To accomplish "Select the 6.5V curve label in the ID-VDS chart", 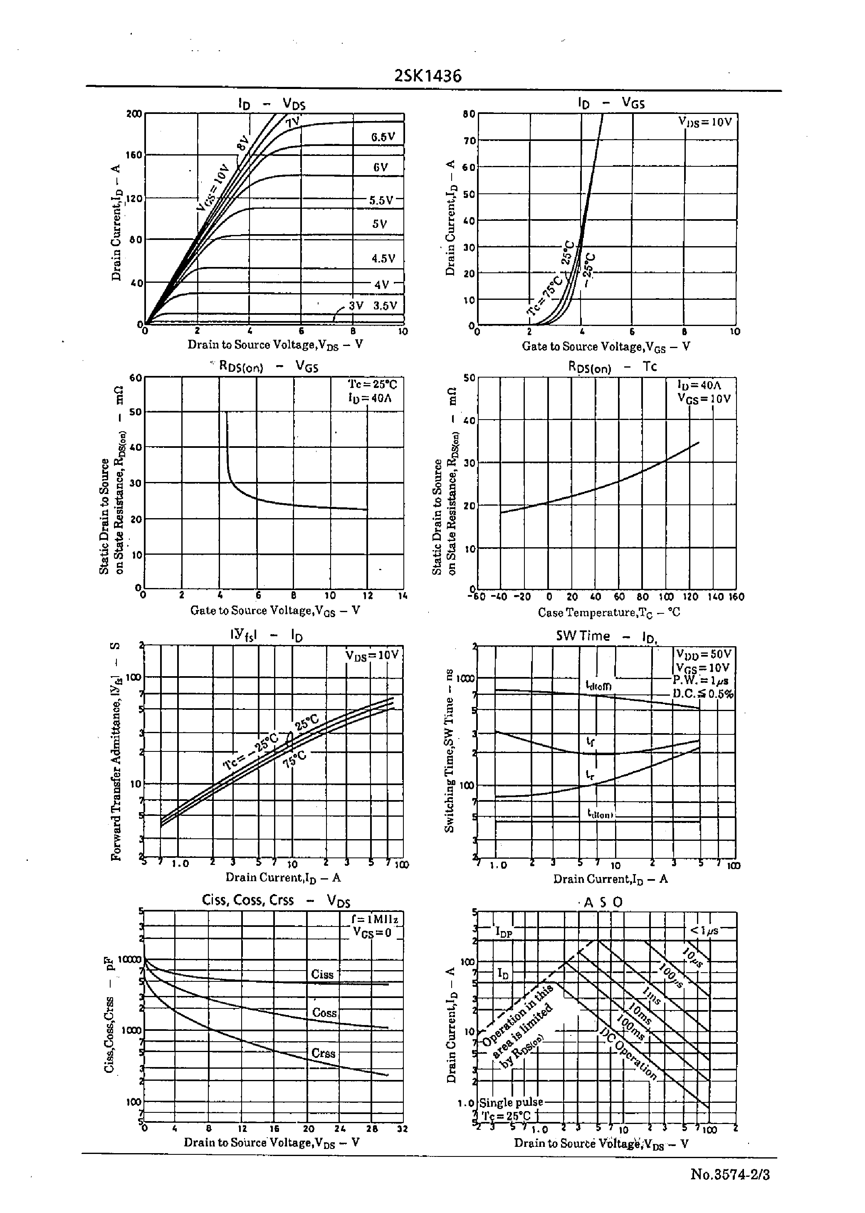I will [x=383, y=137].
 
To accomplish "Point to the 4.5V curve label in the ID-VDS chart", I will [x=383, y=259].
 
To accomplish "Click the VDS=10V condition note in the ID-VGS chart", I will [x=705, y=122].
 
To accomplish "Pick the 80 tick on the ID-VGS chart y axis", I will [x=469, y=114].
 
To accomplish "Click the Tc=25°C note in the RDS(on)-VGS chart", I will [x=372, y=385].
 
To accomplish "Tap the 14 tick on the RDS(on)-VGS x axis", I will [x=403, y=595].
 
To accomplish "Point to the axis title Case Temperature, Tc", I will [x=609, y=613].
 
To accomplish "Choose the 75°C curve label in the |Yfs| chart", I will [x=294, y=759].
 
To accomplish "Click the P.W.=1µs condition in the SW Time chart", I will [x=700, y=680].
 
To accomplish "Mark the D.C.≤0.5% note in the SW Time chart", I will [x=702, y=694].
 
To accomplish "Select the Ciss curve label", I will [x=322, y=974].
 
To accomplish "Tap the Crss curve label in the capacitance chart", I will [x=323, y=1053].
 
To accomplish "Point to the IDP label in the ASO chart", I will [x=503, y=931].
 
